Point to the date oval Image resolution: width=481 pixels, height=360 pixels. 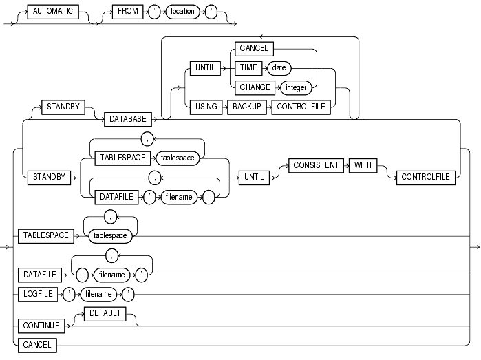point(279,67)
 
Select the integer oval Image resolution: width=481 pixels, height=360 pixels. point(296,87)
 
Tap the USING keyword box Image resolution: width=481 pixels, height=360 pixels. point(206,106)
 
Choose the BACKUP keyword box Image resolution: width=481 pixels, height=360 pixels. point(250,106)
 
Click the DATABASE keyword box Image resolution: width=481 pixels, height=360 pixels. point(129,119)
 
